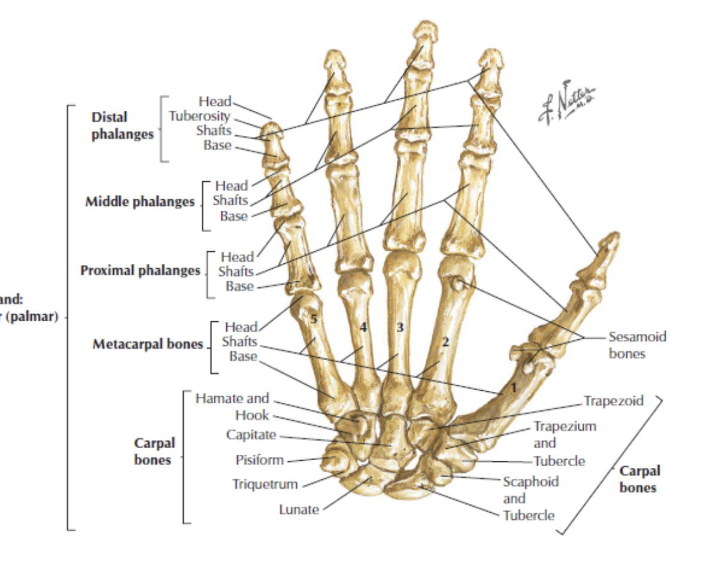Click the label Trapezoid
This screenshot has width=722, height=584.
[614, 400]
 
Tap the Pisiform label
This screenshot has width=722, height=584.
[259, 461]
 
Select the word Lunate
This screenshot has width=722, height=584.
[299, 510]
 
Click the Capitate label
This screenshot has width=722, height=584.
[251, 435]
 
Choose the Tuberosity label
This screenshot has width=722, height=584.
[199, 115]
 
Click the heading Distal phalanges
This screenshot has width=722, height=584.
[122, 126]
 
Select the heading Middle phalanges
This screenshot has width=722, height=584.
[139, 202]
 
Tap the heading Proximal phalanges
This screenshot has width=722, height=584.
[140, 270]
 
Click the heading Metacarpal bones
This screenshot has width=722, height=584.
[147, 345]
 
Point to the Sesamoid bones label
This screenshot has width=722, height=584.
[637, 345]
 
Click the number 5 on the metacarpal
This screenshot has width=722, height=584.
[313, 319]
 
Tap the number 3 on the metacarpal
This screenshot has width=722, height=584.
[400, 327]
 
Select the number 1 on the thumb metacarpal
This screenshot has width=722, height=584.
[513, 388]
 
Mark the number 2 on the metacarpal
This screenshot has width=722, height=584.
[445, 341]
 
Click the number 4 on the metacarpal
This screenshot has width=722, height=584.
[362, 327]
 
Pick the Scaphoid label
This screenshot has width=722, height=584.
[530, 482]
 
